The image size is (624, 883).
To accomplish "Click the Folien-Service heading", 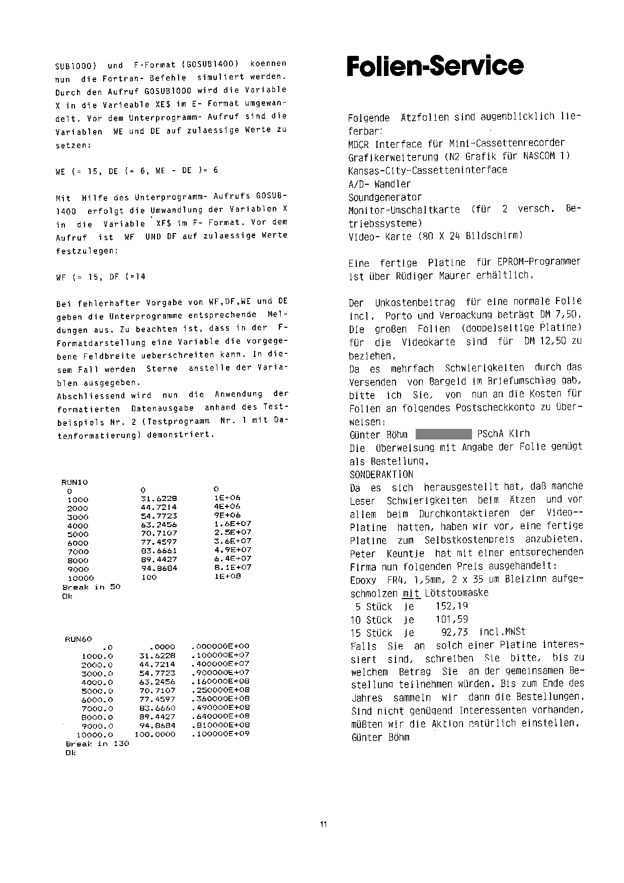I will pyautogui.click(x=435, y=66).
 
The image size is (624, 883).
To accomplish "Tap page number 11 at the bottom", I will pyautogui.click(x=323, y=824).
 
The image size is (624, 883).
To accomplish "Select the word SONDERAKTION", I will pyautogui.click(x=381, y=474).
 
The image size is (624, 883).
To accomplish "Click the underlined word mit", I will pyautogui.click(x=411, y=594).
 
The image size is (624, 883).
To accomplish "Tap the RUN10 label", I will pyautogui.click(x=74, y=482).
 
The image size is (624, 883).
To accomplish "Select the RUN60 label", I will pyautogui.click(x=79, y=639).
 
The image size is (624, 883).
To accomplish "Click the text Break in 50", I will pyautogui.click(x=92, y=587).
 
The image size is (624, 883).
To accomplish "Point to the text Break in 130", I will pyautogui.click(x=97, y=743).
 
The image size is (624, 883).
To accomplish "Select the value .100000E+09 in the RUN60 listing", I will pyautogui.click(x=220, y=734).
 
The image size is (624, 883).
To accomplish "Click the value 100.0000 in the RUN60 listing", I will pyautogui.click(x=155, y=734).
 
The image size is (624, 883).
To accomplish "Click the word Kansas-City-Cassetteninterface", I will pyautogui.click(x=427, y=170).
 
